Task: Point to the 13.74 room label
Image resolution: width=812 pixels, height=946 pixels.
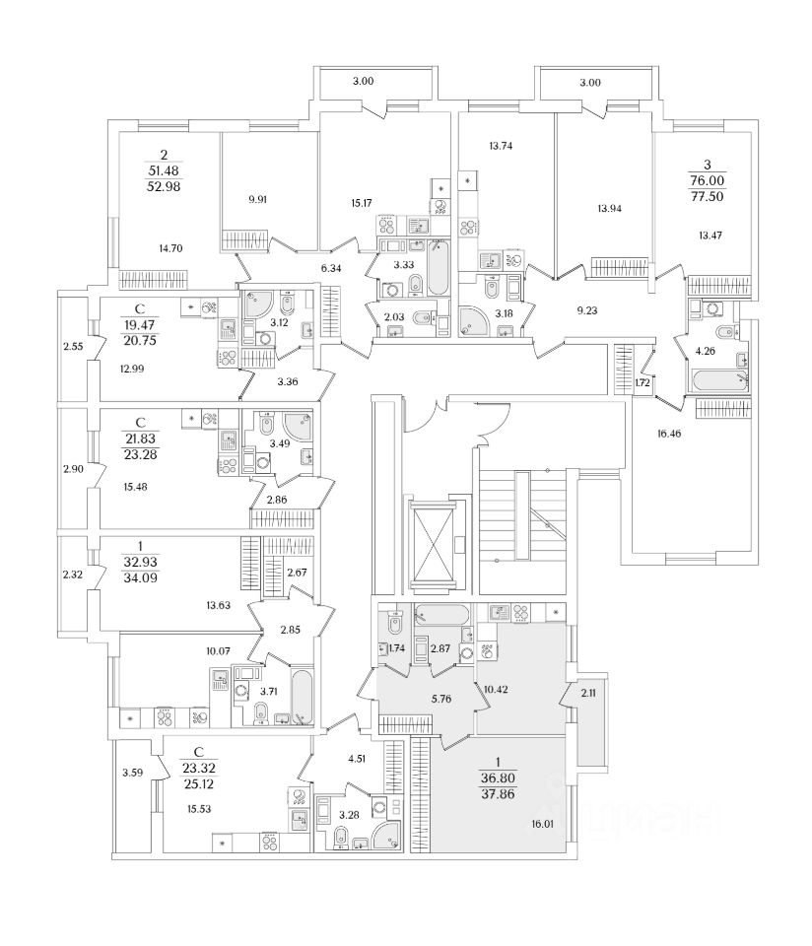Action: (x=502, y=146)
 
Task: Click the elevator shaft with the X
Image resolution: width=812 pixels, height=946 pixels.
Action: (x=433, y=544)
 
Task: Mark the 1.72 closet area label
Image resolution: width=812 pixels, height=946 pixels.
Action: (x=642, y=381)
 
